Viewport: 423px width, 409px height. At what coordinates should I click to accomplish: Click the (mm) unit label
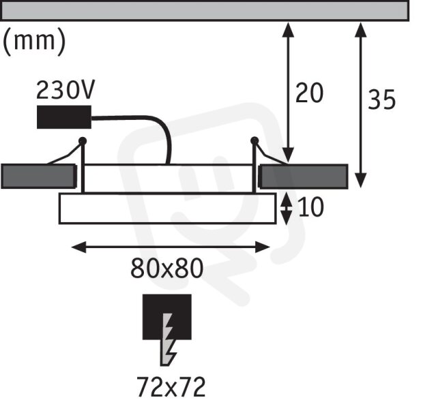[34, 42]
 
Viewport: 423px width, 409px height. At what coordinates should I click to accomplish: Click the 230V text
[65, 90]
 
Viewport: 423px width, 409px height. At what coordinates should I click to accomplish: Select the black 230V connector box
[64, 117]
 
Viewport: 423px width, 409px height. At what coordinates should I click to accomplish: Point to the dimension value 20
[309, 93]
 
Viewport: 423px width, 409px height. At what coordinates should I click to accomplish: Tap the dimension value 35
[382, 100]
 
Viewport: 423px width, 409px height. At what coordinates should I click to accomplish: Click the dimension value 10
[311, 207]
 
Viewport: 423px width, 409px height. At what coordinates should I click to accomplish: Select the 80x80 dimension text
[166, 268]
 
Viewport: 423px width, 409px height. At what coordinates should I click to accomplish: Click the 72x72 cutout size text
[171, 387]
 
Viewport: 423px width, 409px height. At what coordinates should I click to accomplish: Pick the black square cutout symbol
[167, 316]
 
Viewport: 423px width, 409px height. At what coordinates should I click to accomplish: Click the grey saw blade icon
[168, 339]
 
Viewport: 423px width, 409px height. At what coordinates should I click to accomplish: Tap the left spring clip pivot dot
[83, 140]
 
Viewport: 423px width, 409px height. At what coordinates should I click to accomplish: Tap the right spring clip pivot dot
[254, 140]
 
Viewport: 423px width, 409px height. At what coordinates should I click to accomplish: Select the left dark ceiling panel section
[39, 177]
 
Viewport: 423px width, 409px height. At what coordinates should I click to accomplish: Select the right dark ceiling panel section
[304, 177]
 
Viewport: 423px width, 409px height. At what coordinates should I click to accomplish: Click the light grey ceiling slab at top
[205, 11]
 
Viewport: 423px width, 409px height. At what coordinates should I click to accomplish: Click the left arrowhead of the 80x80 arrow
[78, 247]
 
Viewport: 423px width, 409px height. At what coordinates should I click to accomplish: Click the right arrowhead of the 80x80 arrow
[262, 247]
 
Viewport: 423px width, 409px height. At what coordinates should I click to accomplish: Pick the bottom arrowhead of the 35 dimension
[361, 181]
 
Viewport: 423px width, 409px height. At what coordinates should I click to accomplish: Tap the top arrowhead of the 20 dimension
[289, 30]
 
